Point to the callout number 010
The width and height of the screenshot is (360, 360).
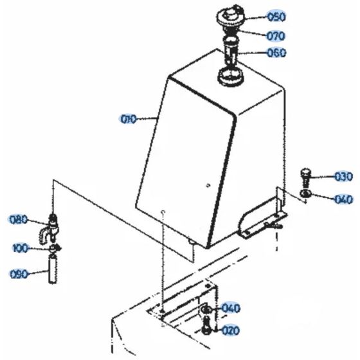129,118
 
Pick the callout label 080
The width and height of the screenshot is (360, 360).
19,219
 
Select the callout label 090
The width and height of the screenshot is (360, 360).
19,274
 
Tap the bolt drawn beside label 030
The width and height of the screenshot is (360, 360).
305,175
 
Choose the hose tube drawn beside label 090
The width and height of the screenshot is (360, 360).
51,268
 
